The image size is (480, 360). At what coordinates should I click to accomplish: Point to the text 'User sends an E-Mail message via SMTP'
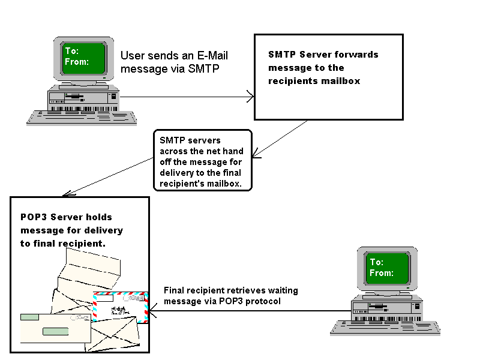click(174, 62)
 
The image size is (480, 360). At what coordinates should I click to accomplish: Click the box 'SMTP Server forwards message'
click(328, 77)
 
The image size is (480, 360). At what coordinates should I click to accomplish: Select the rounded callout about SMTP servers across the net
click(202, 160)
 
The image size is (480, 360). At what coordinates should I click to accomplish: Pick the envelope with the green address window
click(54, 326)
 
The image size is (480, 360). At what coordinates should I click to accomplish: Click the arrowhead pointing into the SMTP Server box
click(250, 96)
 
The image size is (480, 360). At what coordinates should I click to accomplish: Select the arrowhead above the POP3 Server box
click(67, 193)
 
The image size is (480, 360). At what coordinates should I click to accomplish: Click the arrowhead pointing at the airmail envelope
click(152, 311)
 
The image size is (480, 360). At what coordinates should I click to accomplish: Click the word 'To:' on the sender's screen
click(72, 50)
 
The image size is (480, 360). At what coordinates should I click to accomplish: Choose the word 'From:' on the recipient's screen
click(382, 273)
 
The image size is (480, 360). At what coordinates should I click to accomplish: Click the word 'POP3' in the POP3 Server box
click(34, 217)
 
